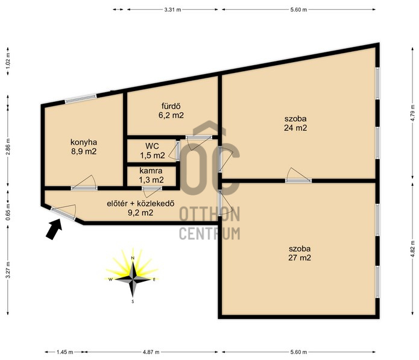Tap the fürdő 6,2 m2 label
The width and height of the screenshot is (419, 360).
(x=171, y=110)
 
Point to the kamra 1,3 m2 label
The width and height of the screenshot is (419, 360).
(x=151, y=175)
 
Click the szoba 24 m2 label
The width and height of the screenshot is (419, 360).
(x=295, y=123)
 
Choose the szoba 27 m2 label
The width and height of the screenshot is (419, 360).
(x=300, y=253)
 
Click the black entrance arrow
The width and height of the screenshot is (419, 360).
(x=54, y=229)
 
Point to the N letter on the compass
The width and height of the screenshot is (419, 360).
(x=132, y=258)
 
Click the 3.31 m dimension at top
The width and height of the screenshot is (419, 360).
(x=172, y=10)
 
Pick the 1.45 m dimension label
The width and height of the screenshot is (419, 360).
(x=65, y=352)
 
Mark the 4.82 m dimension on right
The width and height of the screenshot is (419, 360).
(x=414, y=248)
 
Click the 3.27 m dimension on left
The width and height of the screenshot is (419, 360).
(x=8, y=270)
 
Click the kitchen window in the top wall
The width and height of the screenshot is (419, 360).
(x=81, y=98)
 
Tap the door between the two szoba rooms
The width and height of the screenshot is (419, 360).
(x=298, y=181)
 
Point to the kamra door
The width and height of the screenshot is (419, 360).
(x=152, y=188)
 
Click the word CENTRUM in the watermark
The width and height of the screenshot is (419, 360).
(x=210, y=233)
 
